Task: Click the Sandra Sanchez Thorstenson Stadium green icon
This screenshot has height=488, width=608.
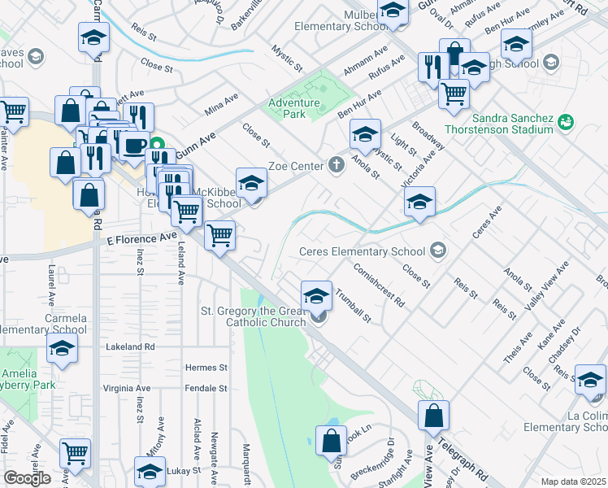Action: point(566,122)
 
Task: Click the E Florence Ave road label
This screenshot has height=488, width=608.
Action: point(141,237)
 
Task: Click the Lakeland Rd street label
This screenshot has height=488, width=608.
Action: point(128,346)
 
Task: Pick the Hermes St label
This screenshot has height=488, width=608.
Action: point(206,368)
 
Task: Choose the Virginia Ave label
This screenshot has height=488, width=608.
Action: point(127,389)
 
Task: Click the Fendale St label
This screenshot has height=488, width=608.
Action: point(206,389)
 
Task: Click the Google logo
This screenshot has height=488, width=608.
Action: point(27,478)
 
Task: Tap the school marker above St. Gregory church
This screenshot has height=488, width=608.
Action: point(316,295)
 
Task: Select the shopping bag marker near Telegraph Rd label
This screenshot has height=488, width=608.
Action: point(434,416)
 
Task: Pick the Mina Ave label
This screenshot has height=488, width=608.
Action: point(221,102)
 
